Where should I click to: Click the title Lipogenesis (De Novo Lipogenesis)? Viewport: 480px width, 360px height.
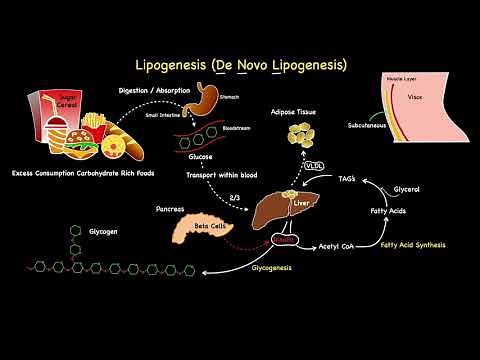[x=240, y=65]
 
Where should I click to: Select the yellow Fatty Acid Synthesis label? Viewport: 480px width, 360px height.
[x=418, y=246]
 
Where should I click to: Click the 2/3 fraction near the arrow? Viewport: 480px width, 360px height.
[x=235, y=197]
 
